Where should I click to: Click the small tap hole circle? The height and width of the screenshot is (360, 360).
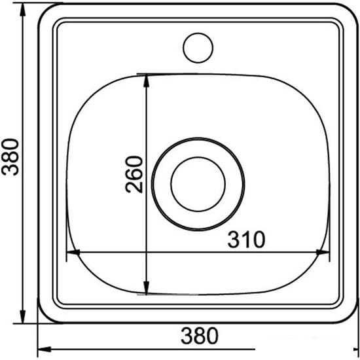(198, 47)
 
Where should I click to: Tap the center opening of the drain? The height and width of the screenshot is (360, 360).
(198, 183)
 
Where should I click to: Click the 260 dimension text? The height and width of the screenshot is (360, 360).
(134, 173)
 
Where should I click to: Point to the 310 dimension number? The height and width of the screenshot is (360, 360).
(246, 240)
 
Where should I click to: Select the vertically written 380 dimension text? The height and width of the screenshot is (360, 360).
(9, 158)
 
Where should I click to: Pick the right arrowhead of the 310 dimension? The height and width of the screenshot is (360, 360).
(323, 252)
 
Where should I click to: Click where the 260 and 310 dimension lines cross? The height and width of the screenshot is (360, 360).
(146, 252)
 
